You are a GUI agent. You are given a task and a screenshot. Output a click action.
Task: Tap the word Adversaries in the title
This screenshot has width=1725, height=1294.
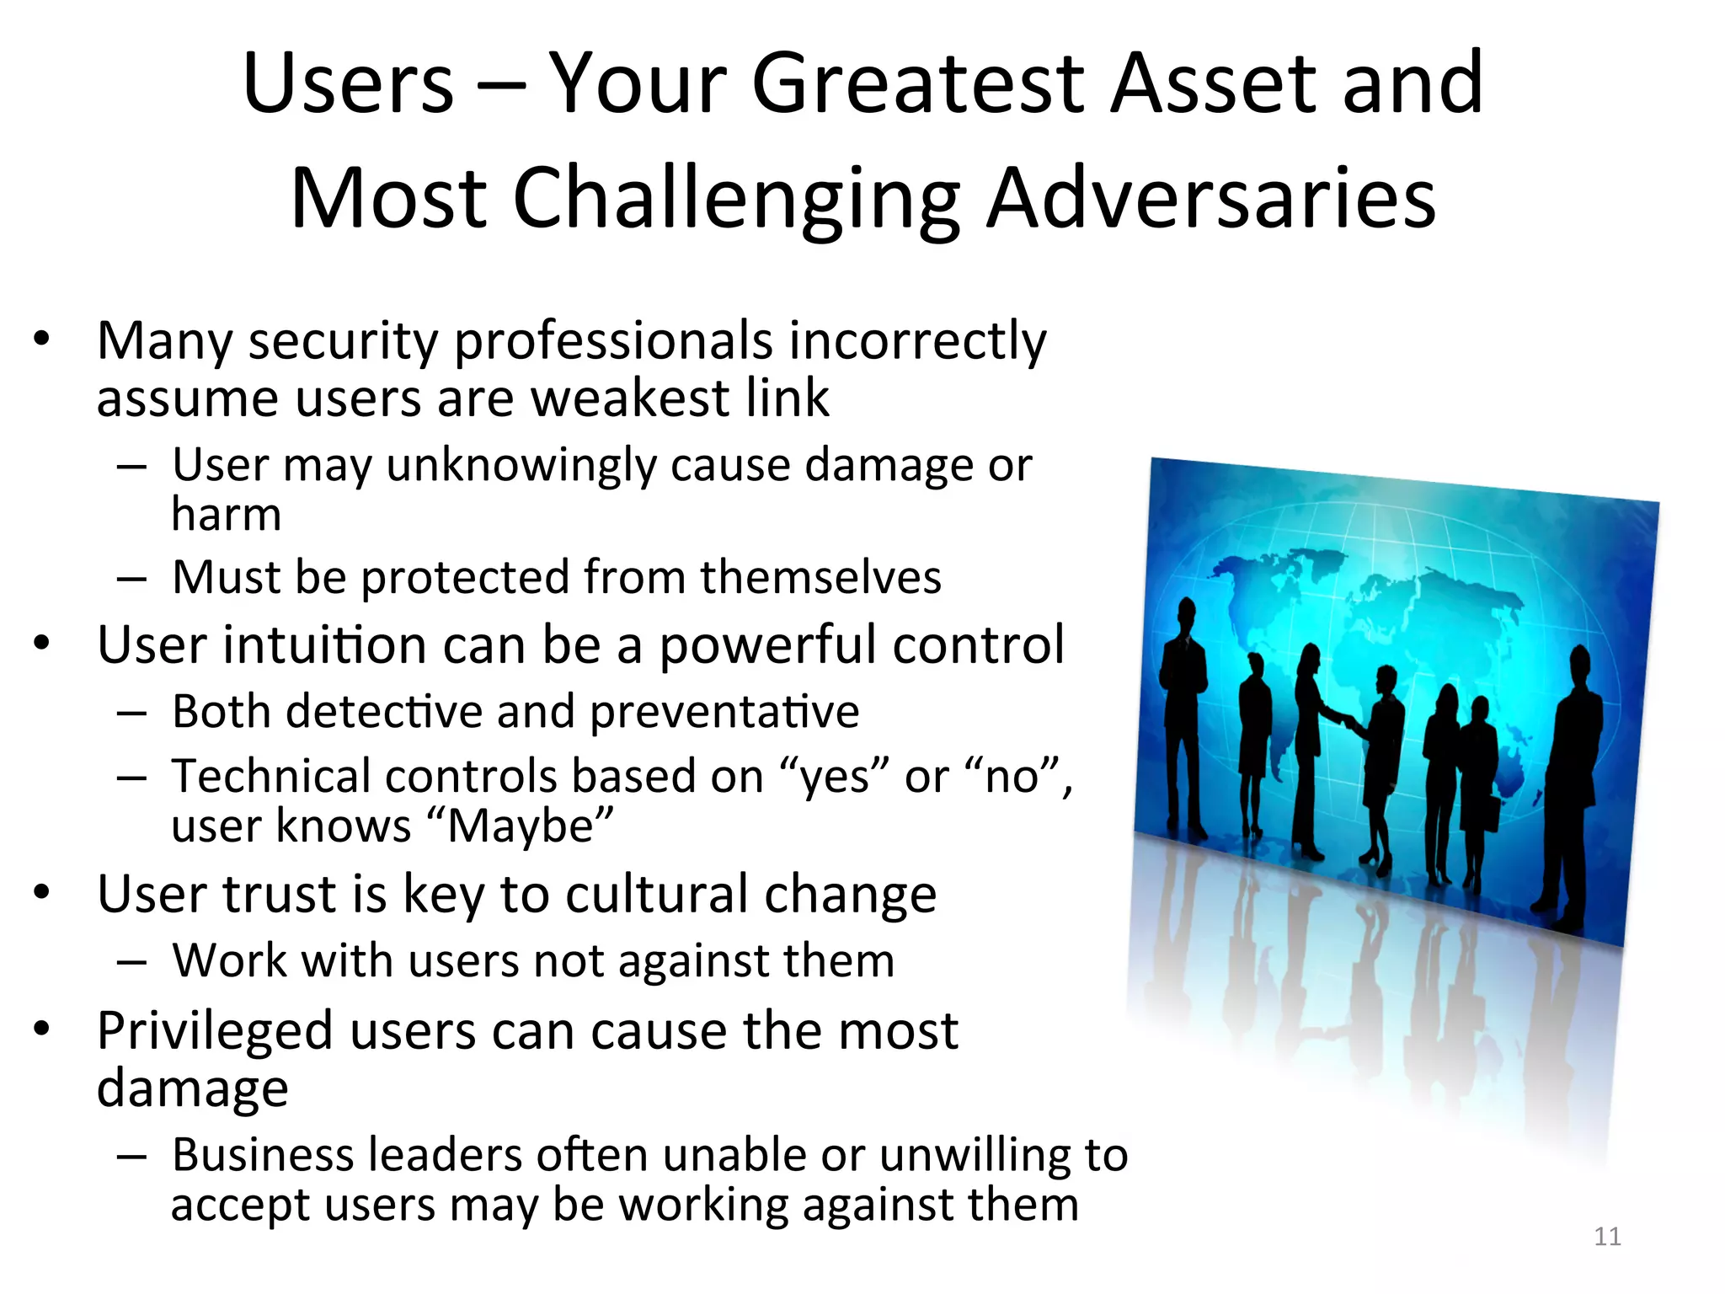[x=1210, y=199]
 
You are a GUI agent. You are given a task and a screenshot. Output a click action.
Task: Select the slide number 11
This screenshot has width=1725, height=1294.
[x=1607, y=1237]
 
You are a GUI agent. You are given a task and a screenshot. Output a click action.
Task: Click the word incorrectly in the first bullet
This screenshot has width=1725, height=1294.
[x=917, y=342]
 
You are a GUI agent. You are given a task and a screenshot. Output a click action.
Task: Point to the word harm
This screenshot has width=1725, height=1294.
[x=226, y=515]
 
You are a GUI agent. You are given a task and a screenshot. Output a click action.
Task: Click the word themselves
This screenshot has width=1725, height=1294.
[x=820, y=578]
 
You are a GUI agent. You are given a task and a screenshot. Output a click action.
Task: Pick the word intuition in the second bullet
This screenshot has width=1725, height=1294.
[x=325, y=645]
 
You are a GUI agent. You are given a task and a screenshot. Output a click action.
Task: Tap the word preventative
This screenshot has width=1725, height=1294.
[x=724, y=712]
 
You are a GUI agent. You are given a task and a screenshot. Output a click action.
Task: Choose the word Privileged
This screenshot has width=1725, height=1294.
[x=215, y=1031]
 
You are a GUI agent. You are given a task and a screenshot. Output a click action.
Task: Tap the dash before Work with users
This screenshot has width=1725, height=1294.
[x=132, y=961]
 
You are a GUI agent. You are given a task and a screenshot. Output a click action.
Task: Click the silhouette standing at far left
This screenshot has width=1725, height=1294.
[x=1183, y=716]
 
